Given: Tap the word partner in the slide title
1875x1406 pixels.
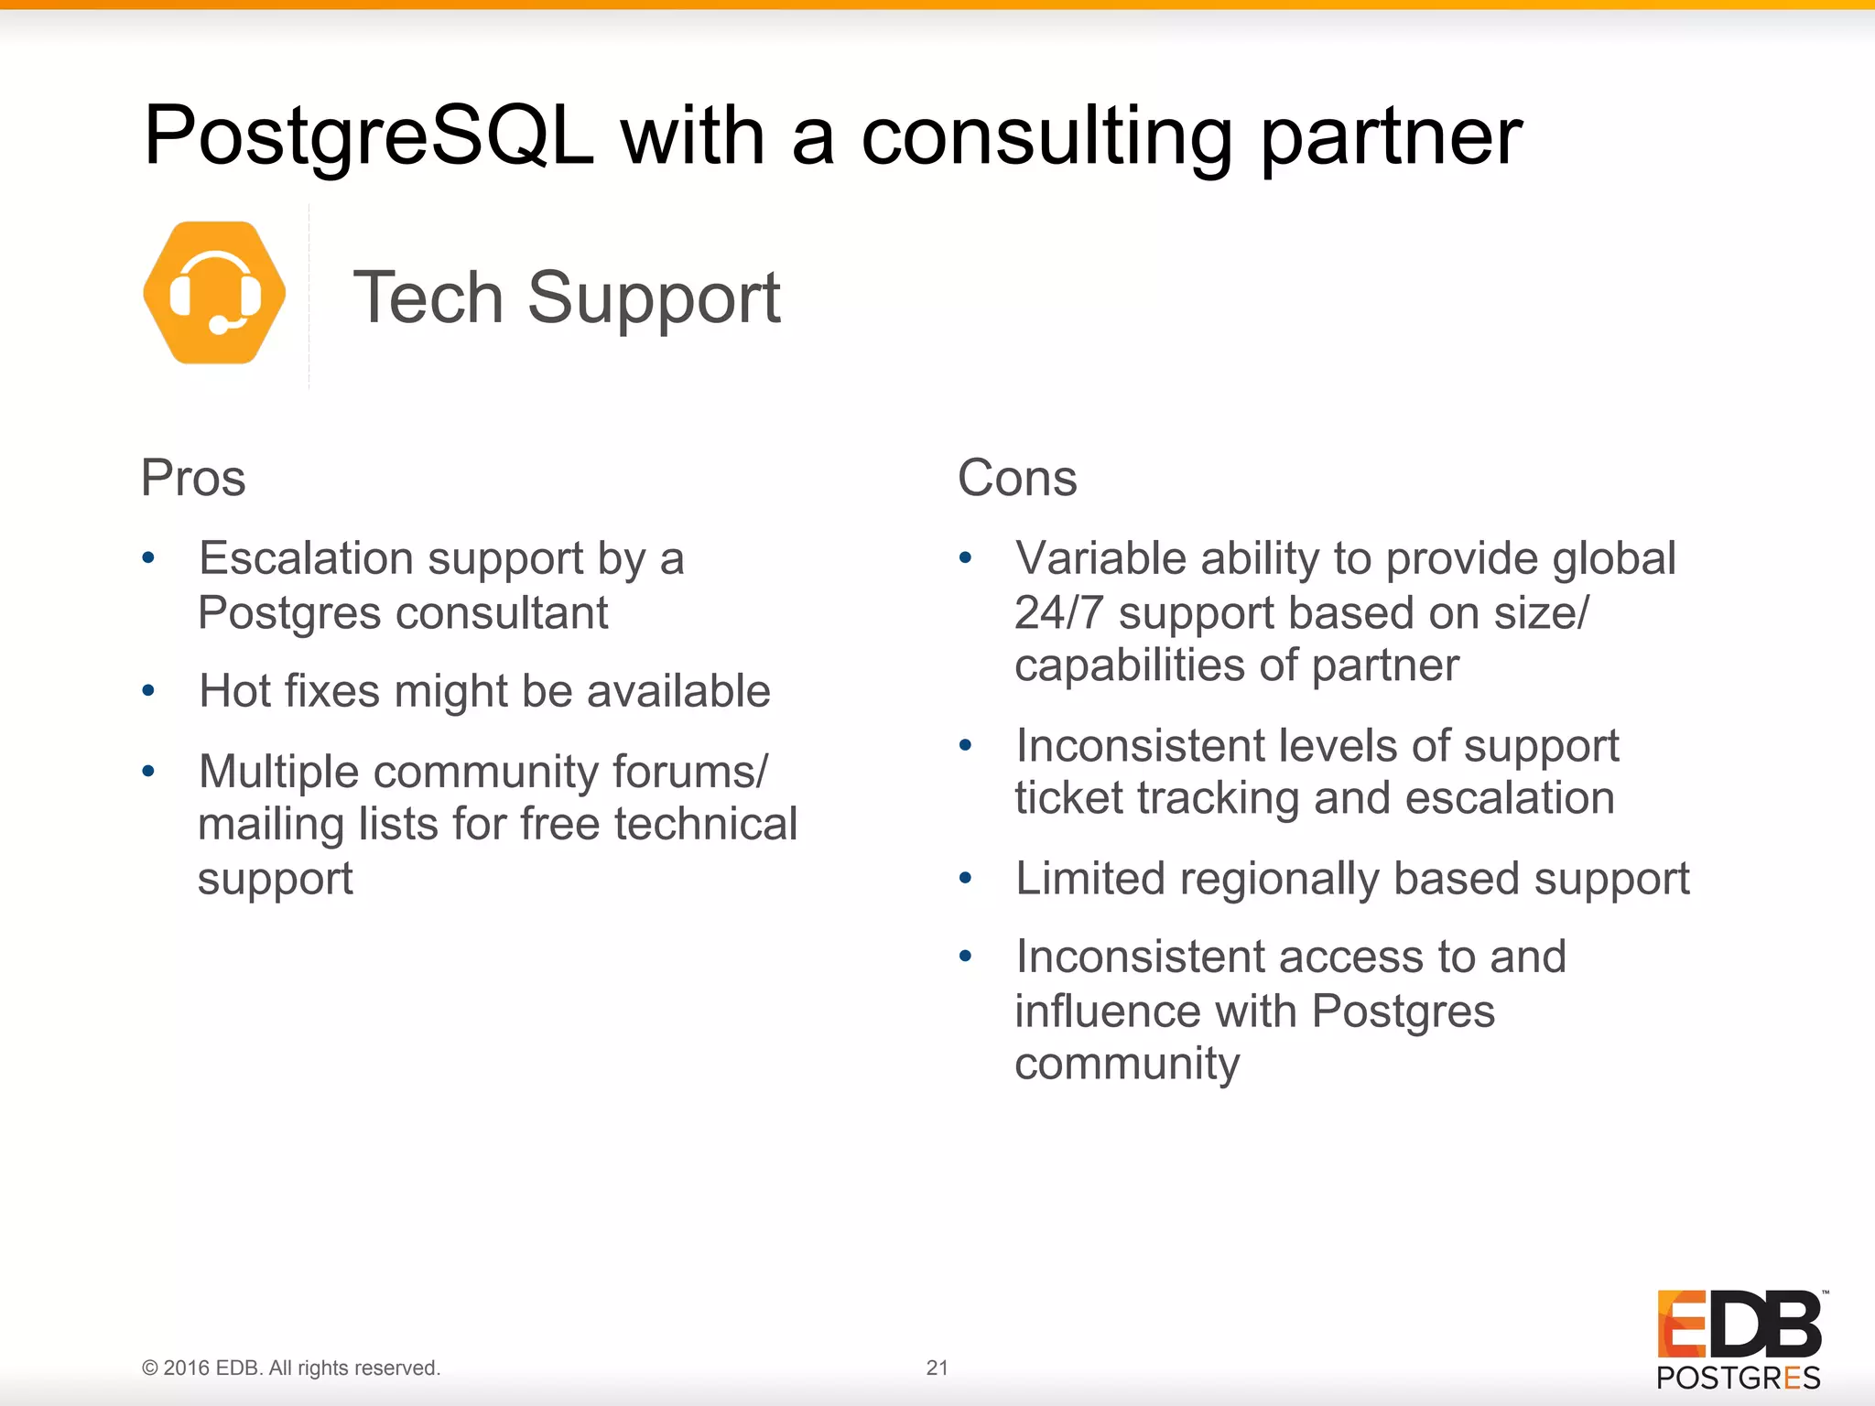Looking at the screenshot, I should pos(1391,137).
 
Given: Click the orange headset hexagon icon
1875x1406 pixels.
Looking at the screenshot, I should pos(215,293).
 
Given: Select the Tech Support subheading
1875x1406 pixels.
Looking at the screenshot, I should pos(567,297).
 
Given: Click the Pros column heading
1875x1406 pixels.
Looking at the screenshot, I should pos(193,478).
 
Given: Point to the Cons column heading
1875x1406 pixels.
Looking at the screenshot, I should pos(1017,478).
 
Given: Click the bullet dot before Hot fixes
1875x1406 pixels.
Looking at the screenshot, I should pos(148,690).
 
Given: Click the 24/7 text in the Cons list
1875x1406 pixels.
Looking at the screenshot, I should pos(1058,612).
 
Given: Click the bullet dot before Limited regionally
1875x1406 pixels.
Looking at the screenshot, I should pos(965,878).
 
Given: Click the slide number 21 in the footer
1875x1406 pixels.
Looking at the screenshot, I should pos(937,1368).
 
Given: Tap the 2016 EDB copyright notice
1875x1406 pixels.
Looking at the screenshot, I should pos(291,1368).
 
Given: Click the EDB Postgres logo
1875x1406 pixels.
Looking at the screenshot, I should pos(1739,1339).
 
